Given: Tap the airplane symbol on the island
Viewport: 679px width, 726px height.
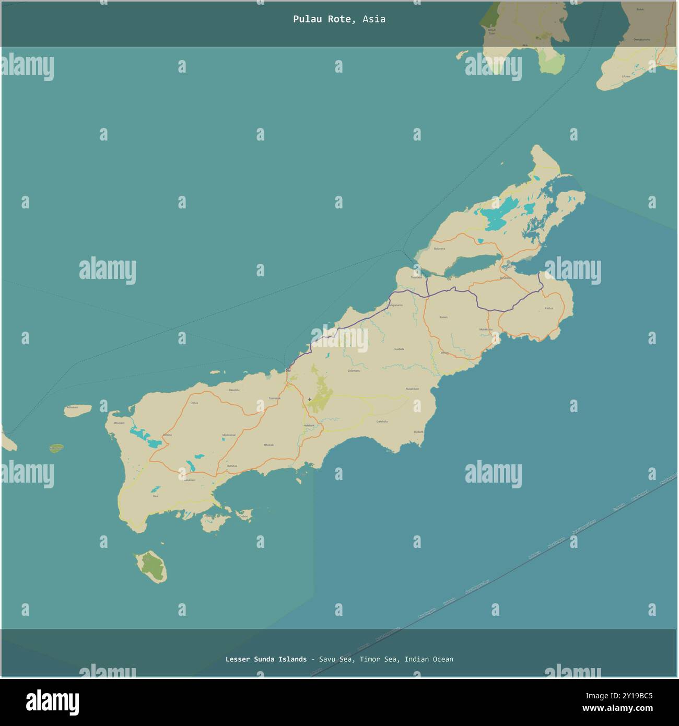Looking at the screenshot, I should coord(310,400).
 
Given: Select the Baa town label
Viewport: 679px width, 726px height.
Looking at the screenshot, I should coord(288,370).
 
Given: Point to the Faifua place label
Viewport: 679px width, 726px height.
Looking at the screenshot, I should coord(548,309).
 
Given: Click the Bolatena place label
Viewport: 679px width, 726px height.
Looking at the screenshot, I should coord(439,249).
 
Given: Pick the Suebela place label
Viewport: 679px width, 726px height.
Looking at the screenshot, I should coord(399,348).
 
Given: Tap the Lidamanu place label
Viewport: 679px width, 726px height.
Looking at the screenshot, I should coord(354,371).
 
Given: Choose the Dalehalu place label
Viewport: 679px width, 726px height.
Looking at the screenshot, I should coord(382,421).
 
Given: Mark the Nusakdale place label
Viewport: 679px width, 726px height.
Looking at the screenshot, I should coord(412,389).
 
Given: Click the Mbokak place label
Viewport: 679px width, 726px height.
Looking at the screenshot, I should coord(268,444).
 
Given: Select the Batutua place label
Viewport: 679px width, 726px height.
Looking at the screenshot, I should coord(232,465).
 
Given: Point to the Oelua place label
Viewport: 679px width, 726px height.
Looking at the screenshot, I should coord(194,403).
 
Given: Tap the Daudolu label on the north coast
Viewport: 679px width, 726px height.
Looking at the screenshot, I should coord(234,390).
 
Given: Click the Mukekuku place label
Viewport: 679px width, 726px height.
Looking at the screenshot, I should coord(485,330).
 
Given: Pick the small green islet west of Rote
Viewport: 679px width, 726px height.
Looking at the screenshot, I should coord(56,448).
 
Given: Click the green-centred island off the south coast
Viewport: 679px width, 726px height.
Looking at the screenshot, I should coord(150,567).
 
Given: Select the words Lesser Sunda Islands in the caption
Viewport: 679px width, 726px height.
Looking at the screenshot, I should coord(266,659).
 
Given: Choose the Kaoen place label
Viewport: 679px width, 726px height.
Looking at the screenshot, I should coord(443,317).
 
